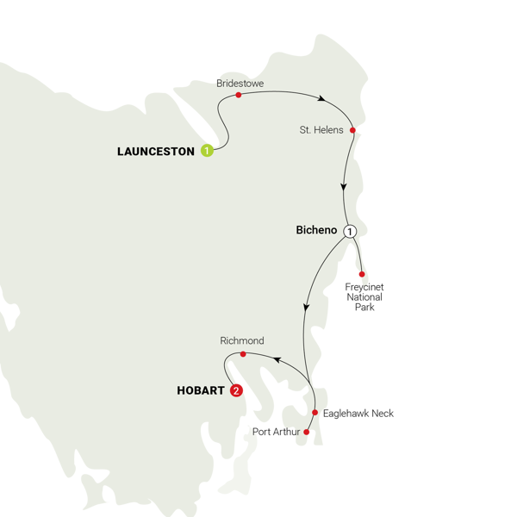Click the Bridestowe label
[240, 84]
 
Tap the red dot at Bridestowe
[238, 95]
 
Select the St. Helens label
[321, 130]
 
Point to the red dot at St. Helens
[353, 131]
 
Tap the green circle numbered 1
[207, 151]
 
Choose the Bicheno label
[317, 231]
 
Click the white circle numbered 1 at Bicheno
[349, 231]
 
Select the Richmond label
[242, 341]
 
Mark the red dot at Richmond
[243, 354]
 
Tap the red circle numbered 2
[236, 390]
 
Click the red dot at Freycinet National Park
[360, 274]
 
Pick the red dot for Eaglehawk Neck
[315, 413]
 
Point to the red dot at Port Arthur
[307, 433]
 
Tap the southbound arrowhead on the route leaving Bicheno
[306, 307]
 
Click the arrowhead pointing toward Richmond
[275, 358]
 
